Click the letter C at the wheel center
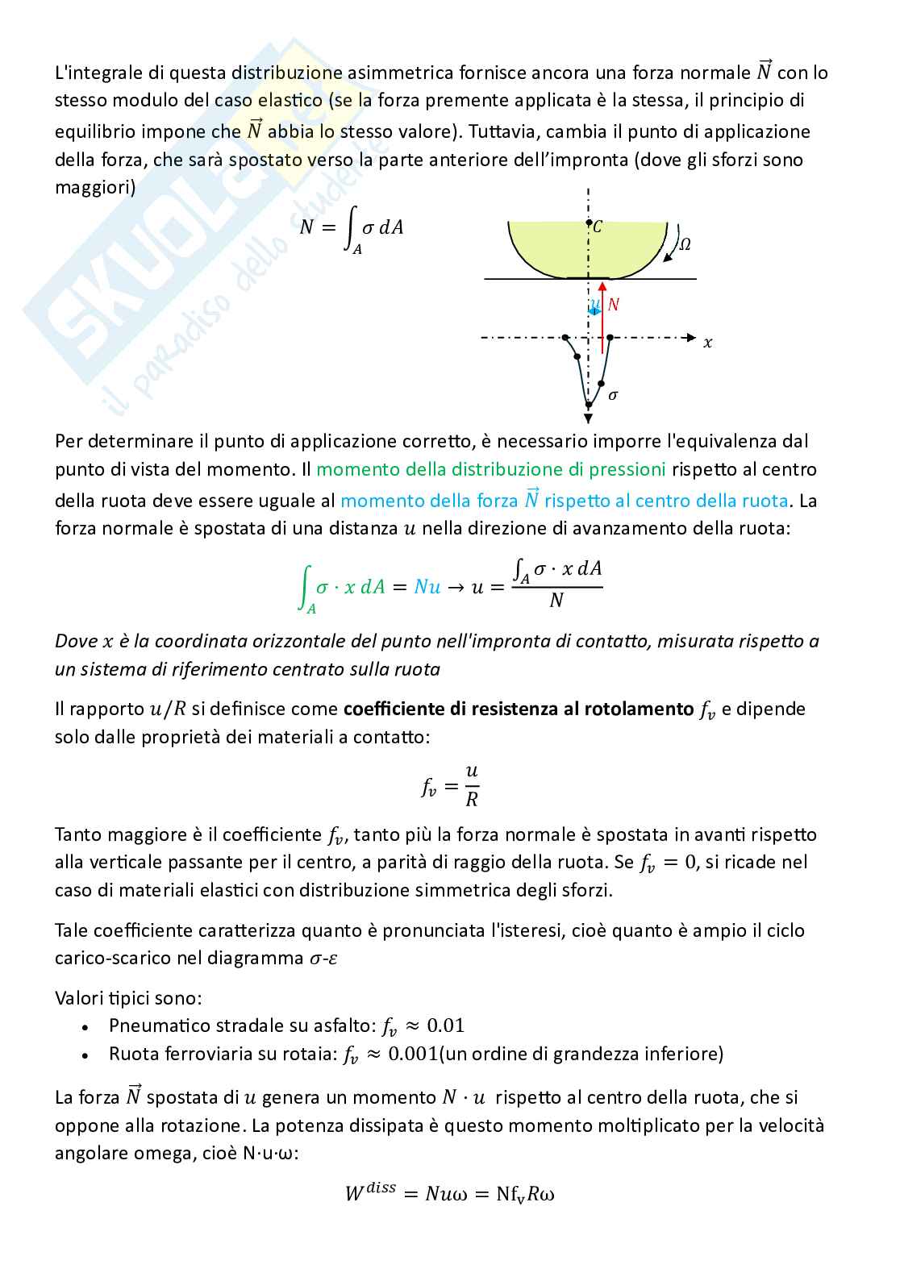tap(598, 228)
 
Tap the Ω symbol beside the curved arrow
tap(684, 244)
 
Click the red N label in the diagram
tap(614, 305)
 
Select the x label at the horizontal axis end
tap(707, 343)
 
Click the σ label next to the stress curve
tap(613, 395)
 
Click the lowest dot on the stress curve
tap(589, 405)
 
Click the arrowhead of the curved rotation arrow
tap(665, 259)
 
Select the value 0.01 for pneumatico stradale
tap(445, 1025)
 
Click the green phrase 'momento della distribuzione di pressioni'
tap(491, 469)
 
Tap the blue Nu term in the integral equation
tap(427, 587)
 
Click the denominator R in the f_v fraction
tap(472, 800)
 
